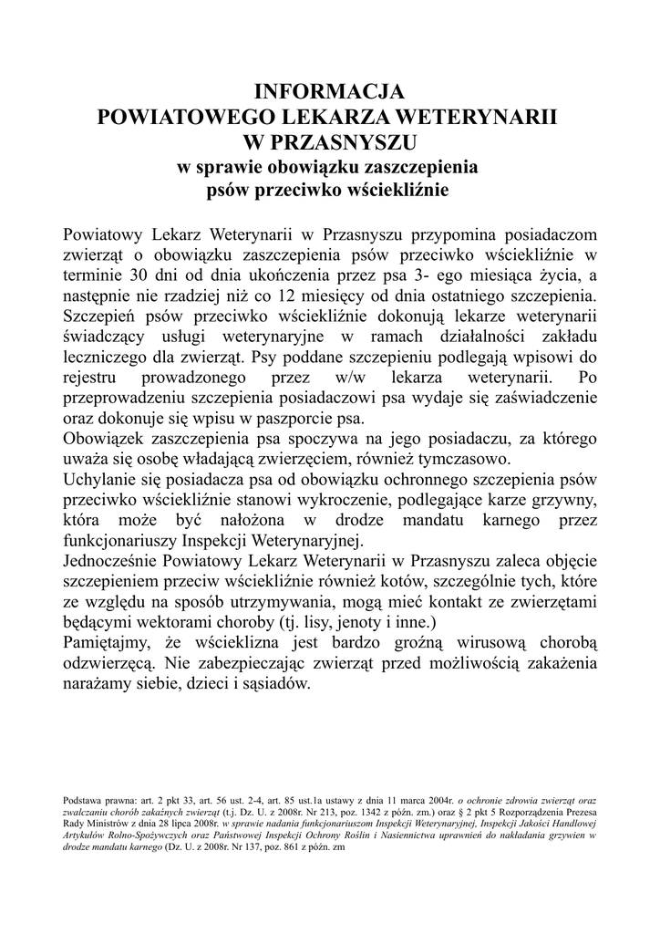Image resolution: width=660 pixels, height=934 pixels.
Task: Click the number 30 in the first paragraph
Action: [x=140, y=275]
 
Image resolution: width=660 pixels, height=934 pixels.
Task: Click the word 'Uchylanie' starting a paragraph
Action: [x=102, y=480]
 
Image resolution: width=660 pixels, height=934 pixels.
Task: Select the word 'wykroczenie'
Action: [x=359, y=500]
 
